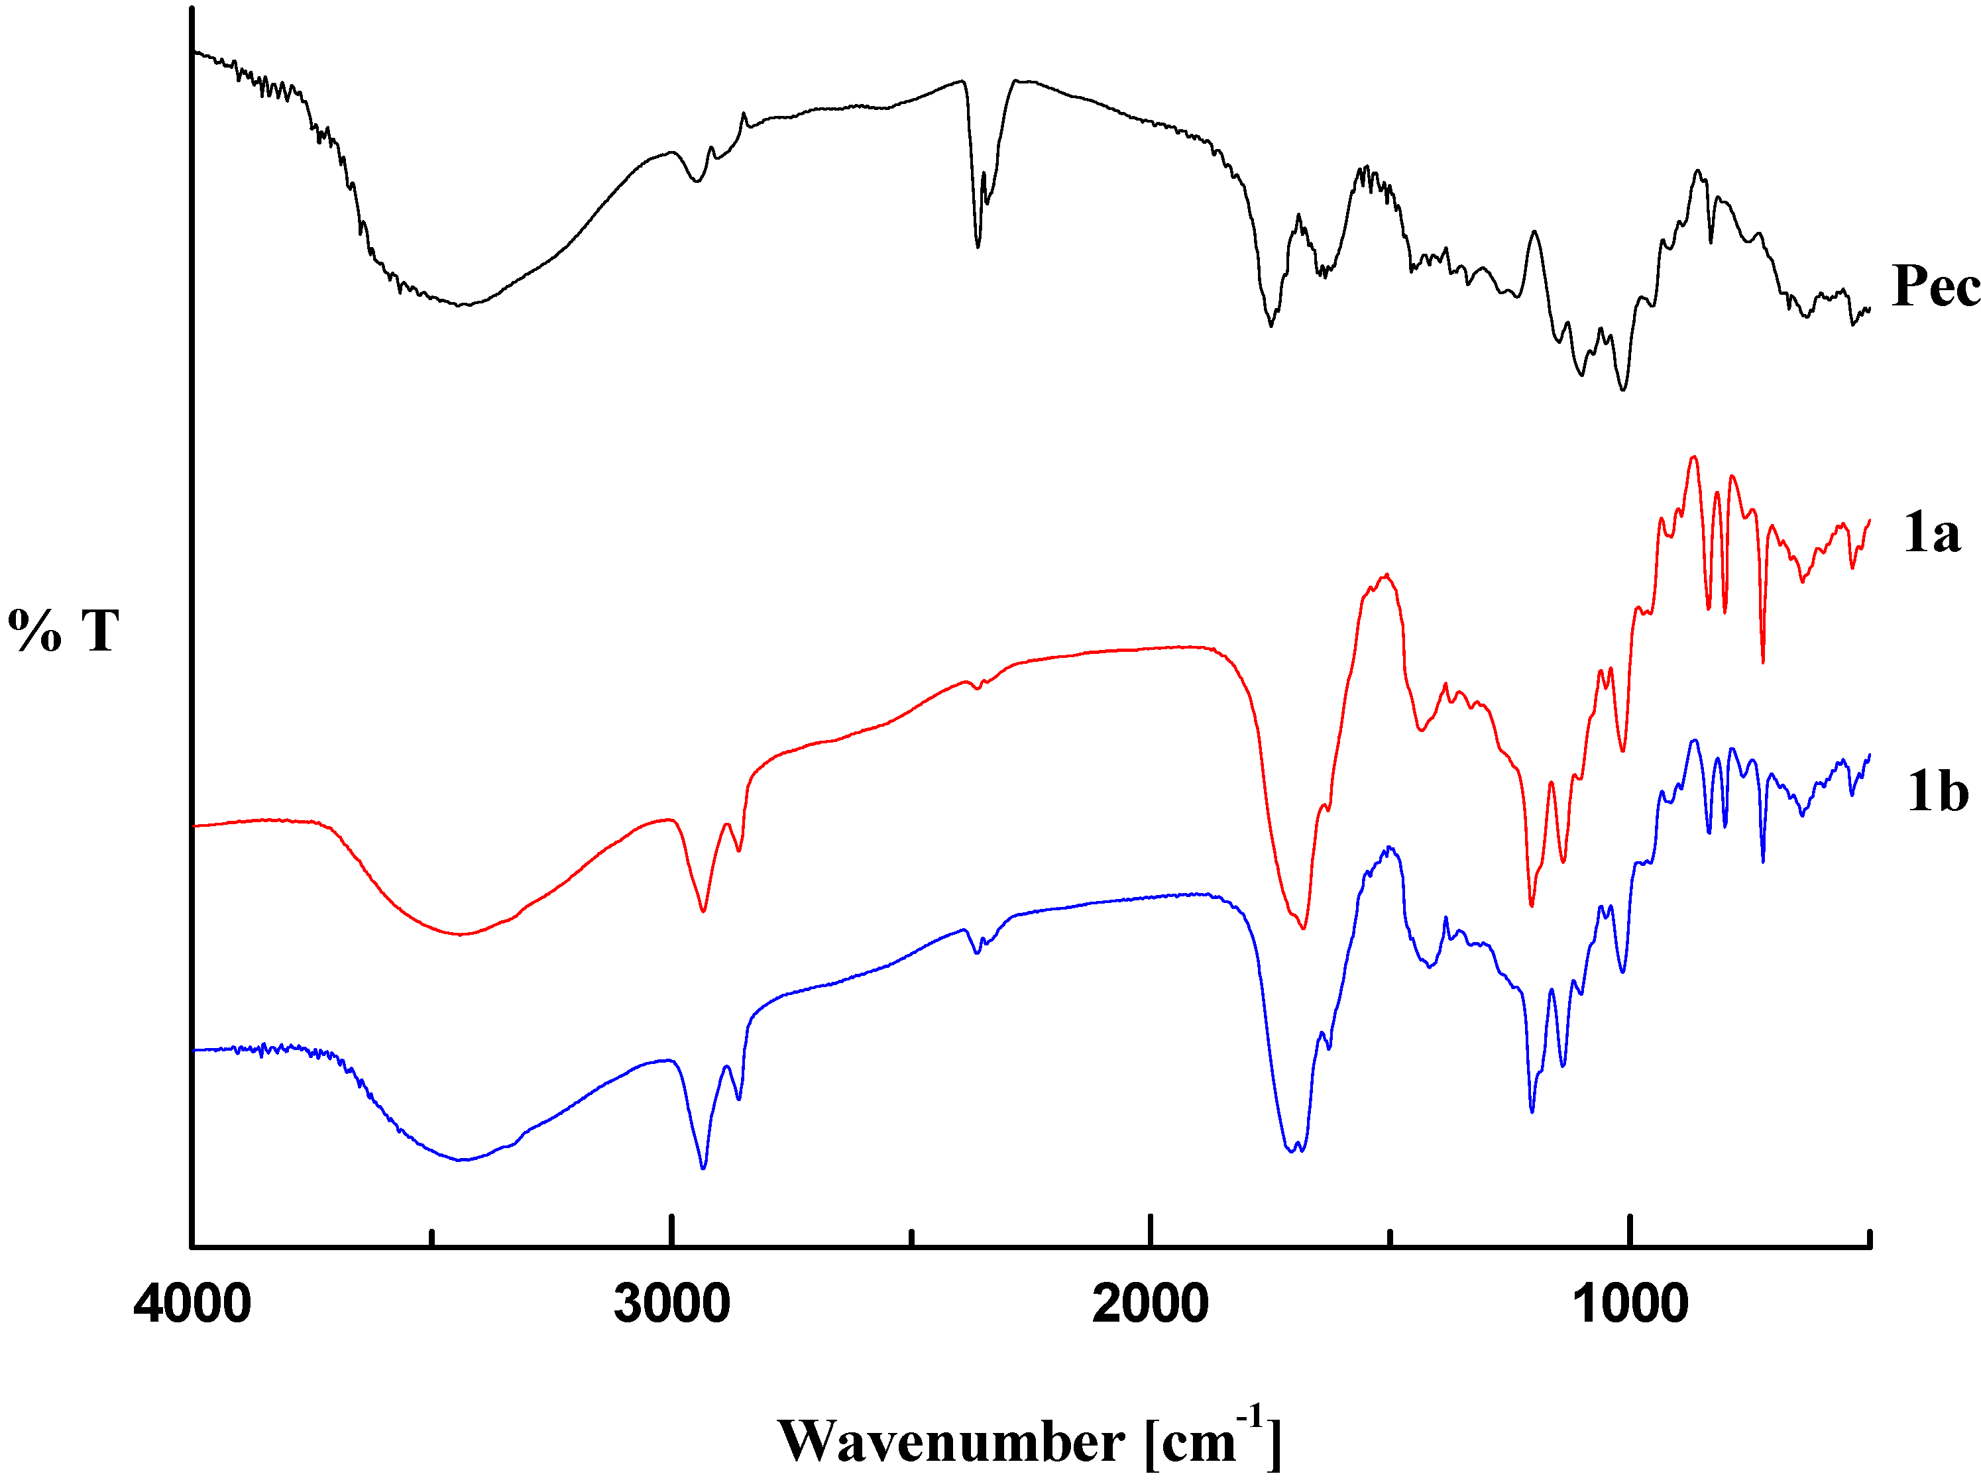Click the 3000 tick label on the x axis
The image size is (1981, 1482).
coord(671,1304)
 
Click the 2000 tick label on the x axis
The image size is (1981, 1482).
coord(1151,1304)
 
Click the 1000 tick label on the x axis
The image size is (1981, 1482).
coord(1630,1304)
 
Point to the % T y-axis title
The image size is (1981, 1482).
coord(64,631)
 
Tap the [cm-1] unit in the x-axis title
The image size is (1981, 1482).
coord(1214,1439)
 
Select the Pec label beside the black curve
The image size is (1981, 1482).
coord(1935,288)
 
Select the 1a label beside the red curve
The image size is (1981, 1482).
coord(1932,534)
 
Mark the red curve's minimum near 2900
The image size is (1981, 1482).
coord(703,911)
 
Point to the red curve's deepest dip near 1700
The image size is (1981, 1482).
coord(1304,927)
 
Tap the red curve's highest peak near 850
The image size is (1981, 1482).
coord(1693,458)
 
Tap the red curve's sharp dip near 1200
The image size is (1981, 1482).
coord(1532,906)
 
